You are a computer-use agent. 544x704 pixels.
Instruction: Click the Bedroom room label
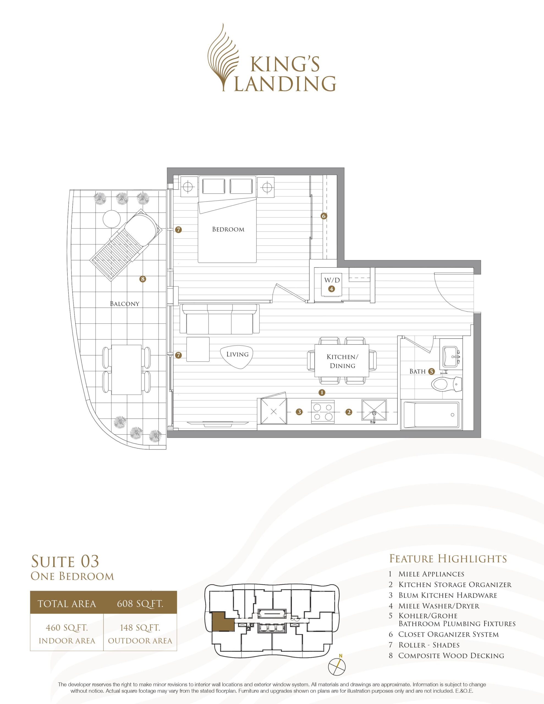(x=228, y=230)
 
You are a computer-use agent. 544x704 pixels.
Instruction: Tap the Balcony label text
(x=125, y=304)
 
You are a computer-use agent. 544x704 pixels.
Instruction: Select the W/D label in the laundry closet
(x=332, y=280)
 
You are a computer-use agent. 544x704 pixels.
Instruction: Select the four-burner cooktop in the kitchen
(x=323, y=412)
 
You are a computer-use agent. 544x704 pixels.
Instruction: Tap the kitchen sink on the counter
(x=374, y=411)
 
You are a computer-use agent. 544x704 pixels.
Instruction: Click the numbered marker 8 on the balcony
(x=142, y=279)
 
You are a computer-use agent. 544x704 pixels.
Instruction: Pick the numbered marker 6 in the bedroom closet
(x=324, y=216)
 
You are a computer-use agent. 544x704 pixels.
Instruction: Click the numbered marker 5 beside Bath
(x=432, y=371)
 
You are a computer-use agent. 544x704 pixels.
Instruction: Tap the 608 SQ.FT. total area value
(x=140, y=603)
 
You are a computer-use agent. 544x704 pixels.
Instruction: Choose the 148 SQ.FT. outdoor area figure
(x=140, y=628)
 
